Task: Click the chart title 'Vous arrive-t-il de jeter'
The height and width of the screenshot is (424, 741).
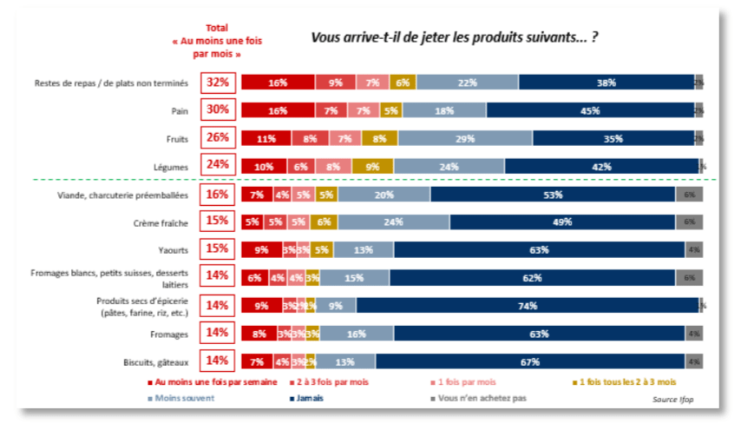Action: tap(454, 37)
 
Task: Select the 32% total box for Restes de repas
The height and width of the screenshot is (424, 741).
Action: tap(218, 83)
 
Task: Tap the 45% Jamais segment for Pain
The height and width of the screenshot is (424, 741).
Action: tap(590, 110)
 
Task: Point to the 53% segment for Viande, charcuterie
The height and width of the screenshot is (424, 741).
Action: tap(553, 195)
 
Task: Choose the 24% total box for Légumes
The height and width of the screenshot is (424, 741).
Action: tap(218, 165)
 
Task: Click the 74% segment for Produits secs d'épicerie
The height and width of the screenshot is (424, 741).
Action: tap(527, 305)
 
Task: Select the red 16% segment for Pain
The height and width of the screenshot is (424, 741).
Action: tap(278, 110)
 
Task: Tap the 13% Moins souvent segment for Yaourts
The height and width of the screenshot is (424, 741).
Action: tap(363, 250)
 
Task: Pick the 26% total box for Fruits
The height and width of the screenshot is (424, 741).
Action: tap(218, 137)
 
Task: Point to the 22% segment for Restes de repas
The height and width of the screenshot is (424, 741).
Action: tap(467, 83)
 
